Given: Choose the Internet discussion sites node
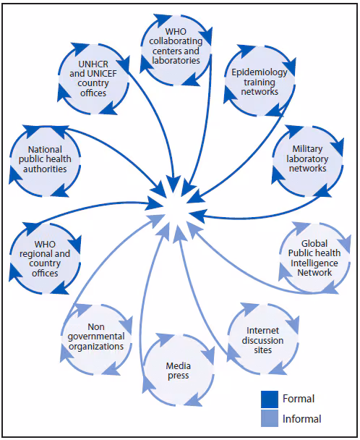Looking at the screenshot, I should point(260,340).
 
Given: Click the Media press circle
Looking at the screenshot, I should point(177,371).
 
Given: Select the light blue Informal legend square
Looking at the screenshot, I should point(270,418).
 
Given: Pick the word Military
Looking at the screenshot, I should point(306,149).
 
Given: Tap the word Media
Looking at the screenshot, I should point(177,365).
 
